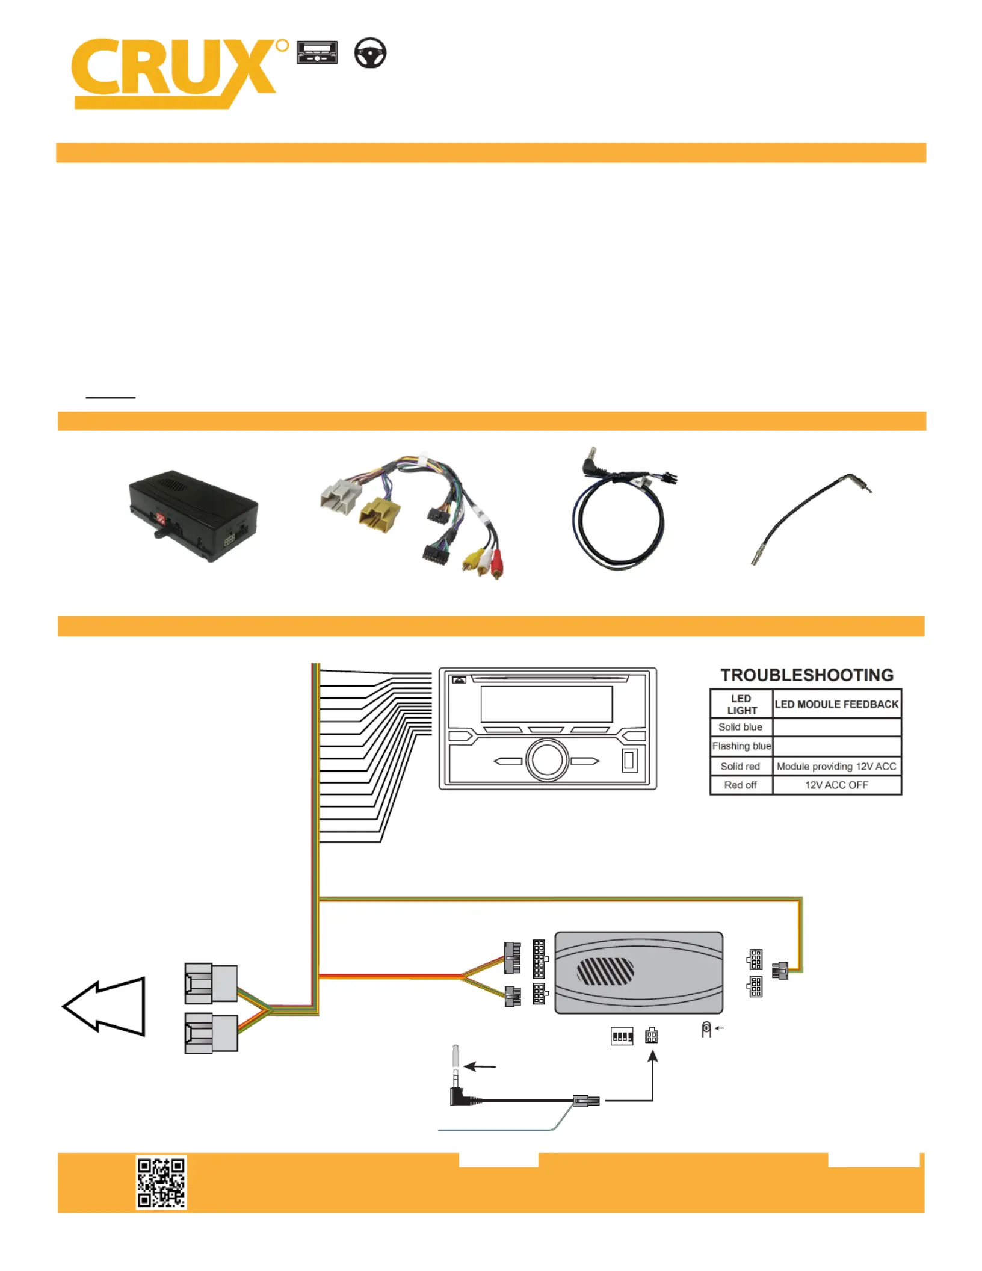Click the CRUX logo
click(x=174, y=72)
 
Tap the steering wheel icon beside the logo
click(x=369, y=53)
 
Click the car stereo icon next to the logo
click(x=317, y=52)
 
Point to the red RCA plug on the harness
click(x=497, y=564)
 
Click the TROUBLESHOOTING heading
click(x=806, y=675)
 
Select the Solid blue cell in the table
click(x=740, y=727)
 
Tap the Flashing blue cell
click(x=741, y=746)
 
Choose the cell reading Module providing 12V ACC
click(x=836, y=766)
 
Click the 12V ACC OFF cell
click(x=836, y=785)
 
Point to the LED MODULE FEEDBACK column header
click(x=836, y=704)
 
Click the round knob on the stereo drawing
click(x=547, y=760)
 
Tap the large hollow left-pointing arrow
click(x=105, y=1006)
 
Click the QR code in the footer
click(x=161, y=1182)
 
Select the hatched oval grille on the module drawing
click(x=605, y=971)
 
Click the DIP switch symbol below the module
click(x=622, y=1036)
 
